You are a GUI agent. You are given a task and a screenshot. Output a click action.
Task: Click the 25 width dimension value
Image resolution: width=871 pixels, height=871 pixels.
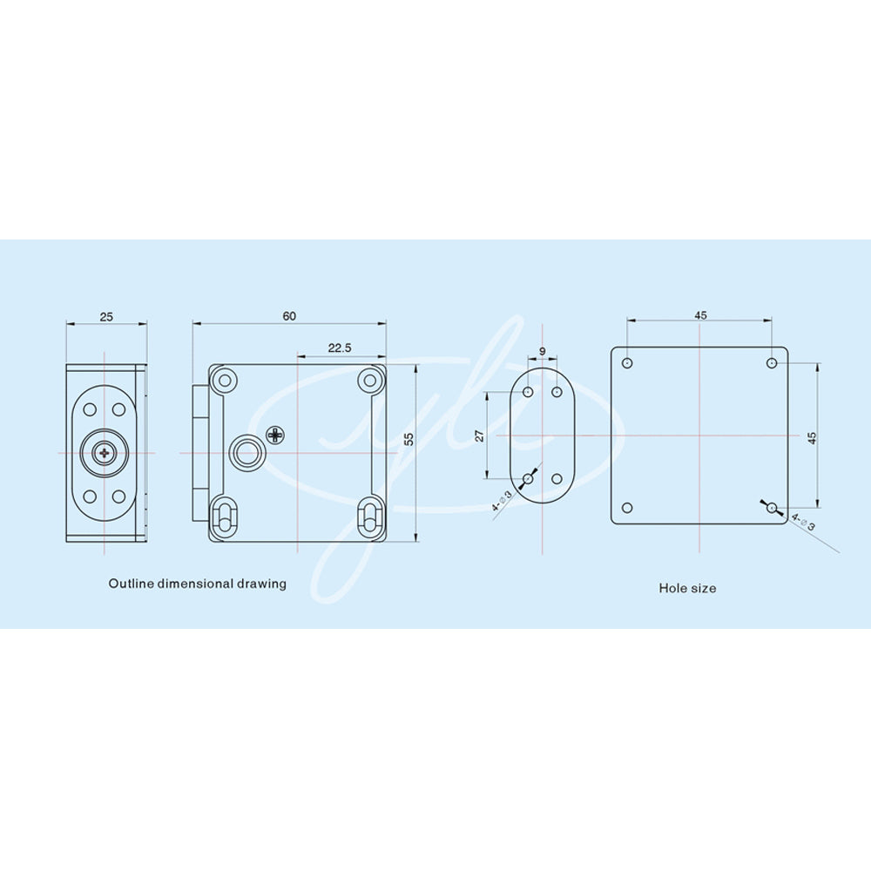(x=106, y=317)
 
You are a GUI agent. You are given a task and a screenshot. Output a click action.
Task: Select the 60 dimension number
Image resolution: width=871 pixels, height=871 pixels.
(x=289, y=316)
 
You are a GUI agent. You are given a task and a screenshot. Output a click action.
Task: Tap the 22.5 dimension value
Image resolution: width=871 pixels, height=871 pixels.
(x=340, y=348)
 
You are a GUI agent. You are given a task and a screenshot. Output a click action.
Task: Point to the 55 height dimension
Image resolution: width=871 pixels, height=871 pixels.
(x=408, y=439)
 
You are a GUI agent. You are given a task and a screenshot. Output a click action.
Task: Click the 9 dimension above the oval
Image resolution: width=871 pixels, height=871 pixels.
(x=542, y=352)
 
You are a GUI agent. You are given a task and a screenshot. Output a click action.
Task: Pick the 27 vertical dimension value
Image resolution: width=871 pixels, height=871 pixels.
(x=480, y=436)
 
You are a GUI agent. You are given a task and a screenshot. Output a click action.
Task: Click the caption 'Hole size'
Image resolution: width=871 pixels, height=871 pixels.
(x=687, y=588)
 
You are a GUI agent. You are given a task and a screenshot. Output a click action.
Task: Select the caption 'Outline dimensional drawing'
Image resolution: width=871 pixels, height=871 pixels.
(x=197, y=584)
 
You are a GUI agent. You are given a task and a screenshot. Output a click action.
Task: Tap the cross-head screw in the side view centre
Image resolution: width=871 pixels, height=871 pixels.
(x=104, y=453)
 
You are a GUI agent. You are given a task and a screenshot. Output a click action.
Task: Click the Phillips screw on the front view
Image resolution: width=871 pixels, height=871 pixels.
(x=275, y=435)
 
